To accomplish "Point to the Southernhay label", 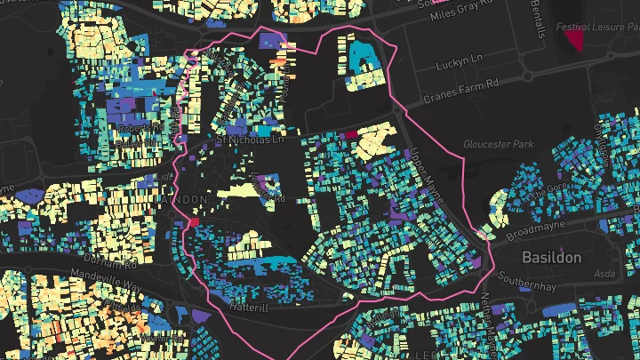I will [x=552, y=286].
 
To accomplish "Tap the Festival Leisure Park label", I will [x=596, y=27].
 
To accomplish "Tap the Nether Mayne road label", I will [x=488, y=311].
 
